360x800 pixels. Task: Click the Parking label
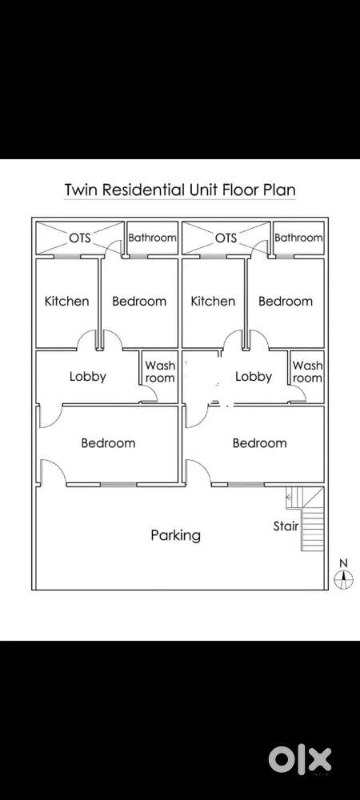coord(175,535)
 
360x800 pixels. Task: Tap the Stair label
coord(286,526)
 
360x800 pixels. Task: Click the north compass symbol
coord(344,578)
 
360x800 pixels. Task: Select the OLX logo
coord(300,758)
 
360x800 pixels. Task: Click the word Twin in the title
coord(81,190)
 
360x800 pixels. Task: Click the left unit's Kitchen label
coord(66,301)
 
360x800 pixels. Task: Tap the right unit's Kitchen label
coord(213,301)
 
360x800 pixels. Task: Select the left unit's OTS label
coord(80,238)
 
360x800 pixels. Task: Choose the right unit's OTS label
coord(226,238)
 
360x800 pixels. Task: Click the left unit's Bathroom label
coord(152,238)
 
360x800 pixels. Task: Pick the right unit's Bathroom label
coord(298,238)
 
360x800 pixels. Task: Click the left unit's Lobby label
coord(88,377)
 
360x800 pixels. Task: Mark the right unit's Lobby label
coord(254,377)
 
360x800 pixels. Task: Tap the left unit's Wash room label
coord(160,372)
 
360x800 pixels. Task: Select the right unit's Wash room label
coord(307,372)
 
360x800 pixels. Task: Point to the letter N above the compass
coord(344,563)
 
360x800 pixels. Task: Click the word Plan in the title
coord(278,190)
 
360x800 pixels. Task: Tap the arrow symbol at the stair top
coord(289,495)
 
